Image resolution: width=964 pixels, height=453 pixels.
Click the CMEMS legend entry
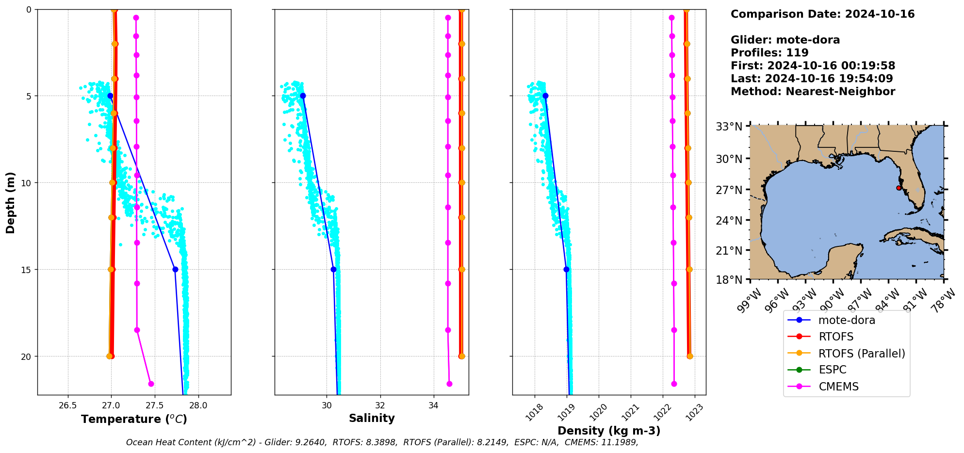coord(838,387)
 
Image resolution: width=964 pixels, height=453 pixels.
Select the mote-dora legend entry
coord(847,320)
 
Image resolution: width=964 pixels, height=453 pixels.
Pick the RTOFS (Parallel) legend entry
coord(862,354)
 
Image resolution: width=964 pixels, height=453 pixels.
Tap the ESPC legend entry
coord(832,370)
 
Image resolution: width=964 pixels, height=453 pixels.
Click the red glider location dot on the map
coord(899,188)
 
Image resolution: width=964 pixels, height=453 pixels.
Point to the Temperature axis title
coord(134,419)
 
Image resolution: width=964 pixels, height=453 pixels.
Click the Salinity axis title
coord(372,418)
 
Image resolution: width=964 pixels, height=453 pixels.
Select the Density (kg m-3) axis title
coord(609,431)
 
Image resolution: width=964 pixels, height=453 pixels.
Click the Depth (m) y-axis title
coord(11,202)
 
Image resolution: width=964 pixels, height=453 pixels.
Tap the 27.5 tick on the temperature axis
coord(154,405)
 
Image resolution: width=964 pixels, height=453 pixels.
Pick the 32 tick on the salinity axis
coord(380,405)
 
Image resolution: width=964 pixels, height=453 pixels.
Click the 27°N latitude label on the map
coord(729,190)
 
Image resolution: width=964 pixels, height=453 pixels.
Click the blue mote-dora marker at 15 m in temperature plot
coord(175,269)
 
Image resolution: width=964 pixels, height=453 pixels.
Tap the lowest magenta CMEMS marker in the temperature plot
coord(151,384)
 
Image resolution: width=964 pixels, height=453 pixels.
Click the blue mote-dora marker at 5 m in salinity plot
coord(303,96)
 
